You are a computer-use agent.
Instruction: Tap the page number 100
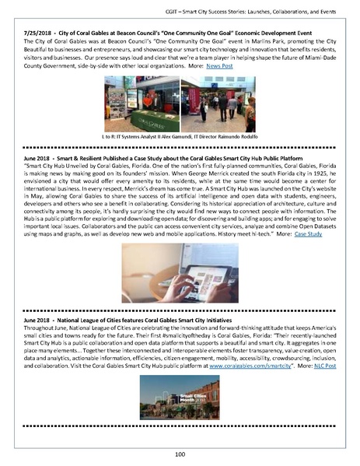[x=180, y=453]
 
